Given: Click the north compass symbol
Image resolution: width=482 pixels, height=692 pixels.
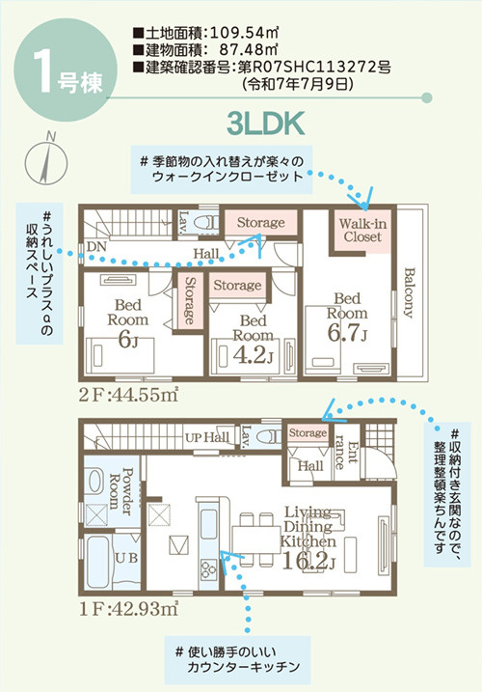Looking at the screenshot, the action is click(46, 160).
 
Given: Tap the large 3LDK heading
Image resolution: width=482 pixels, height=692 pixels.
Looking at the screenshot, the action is click(265, 124).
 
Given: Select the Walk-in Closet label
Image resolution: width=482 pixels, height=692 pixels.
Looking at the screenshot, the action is click(362, 230).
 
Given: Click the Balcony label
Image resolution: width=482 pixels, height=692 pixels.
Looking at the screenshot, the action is click(409, 292).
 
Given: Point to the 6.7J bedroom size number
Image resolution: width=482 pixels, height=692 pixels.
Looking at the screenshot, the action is click(347, 333).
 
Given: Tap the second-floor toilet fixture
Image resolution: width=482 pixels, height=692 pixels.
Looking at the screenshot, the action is click(207, 223).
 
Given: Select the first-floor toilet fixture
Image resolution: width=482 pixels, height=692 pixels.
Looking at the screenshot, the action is click(269, 436).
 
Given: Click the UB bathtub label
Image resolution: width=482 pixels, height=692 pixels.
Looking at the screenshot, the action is click(126, 558).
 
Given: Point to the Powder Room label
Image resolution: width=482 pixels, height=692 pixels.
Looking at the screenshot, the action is click(120, 491).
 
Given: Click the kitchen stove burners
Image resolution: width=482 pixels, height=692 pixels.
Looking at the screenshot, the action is click(208, 569).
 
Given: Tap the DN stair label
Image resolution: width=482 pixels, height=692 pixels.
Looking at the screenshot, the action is click(96, 247).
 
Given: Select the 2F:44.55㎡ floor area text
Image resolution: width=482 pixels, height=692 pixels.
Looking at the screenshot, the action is click(128, 395).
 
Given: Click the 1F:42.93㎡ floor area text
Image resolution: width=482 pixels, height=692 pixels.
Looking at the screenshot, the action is click(129, 609).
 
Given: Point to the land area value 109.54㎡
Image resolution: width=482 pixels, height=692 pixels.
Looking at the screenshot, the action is click(244, 32).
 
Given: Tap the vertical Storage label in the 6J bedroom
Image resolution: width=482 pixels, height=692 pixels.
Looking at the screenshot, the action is click(190, 300).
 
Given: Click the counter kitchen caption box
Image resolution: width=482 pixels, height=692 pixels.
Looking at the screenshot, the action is click(238, 660).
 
